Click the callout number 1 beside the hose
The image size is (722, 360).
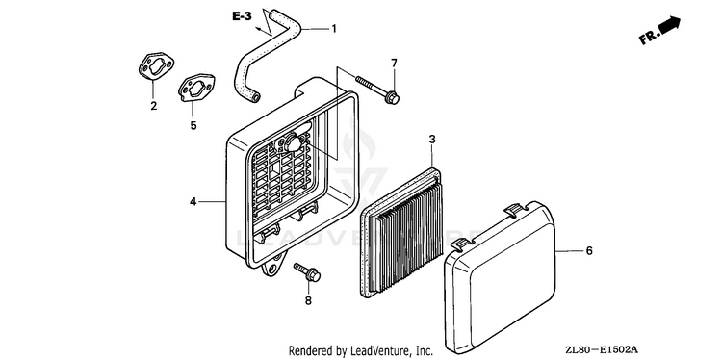334,29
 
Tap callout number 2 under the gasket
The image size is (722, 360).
153,106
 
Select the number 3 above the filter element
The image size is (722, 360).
432,139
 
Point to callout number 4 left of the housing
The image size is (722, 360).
193,201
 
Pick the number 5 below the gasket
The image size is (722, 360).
193,125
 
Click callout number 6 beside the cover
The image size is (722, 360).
589,251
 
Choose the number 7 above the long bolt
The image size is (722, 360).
394,64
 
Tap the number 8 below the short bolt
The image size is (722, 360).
308,300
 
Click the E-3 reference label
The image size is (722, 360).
242,17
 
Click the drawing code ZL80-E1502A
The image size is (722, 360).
603,350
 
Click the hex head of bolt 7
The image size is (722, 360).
393,97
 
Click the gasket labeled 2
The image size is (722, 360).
156,66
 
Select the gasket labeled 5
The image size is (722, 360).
196,88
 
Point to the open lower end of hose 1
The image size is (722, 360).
254,96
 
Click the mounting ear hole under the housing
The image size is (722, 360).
274,267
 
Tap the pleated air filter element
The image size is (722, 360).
400,233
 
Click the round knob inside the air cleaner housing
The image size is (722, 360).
293,143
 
